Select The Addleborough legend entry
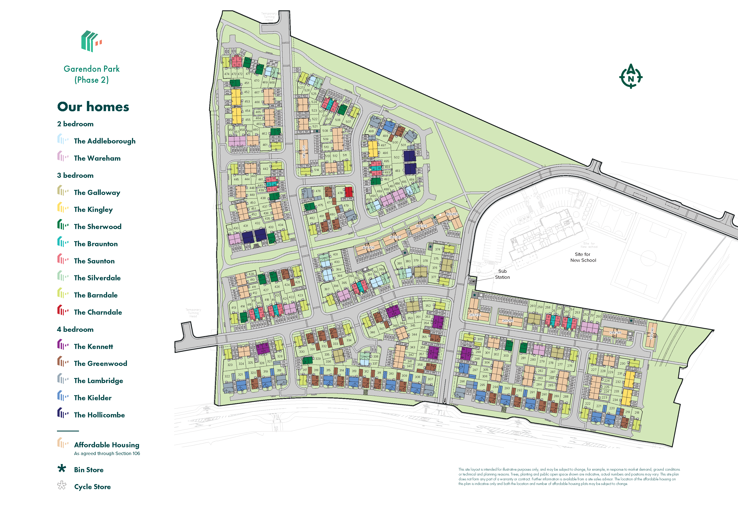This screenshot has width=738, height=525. click(104, 141)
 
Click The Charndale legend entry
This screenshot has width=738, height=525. click(98, 312)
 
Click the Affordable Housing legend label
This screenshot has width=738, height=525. click(106, 445)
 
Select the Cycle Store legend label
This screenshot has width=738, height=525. click(92, 487)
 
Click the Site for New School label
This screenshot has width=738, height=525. click(583, 257)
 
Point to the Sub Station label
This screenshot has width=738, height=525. click(502, 274)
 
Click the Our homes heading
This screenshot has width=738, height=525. click(93, 107)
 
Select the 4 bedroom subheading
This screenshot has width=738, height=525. click(75, 329)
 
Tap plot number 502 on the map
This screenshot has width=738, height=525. click(397, 158)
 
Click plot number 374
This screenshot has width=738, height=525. click(438, 249)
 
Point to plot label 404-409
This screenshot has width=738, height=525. click(368, 248)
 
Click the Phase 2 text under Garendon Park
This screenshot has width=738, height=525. click(92, 80)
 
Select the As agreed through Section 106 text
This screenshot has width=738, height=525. click(107, 453)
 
